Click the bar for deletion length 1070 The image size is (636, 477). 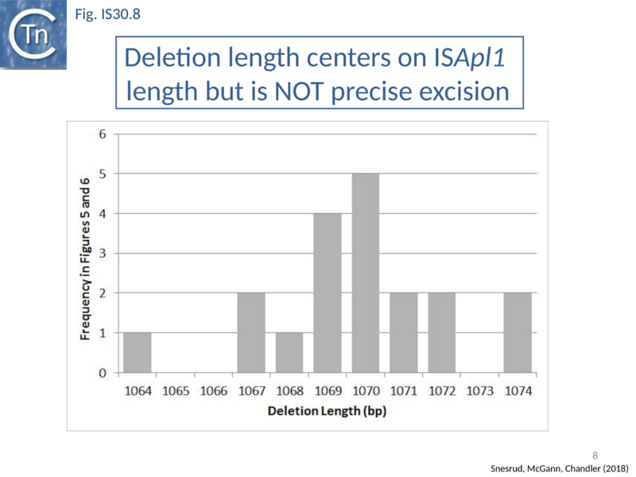(x=366, y=273)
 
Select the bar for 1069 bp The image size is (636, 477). (x=328, y=293)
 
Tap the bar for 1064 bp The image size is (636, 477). (x=137, y=352)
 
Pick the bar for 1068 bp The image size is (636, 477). (x=289, y=352)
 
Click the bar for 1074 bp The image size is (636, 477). (x=518, y=332)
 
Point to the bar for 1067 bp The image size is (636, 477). (x=251, y=332)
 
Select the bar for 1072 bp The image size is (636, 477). (x=441, y=332)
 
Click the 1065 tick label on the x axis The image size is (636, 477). (x=176, y=391)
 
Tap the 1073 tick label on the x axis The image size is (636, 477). (x=479, y=391)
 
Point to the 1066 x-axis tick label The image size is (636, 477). (x=214, y=391)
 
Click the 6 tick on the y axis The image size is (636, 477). (x=103, y=134)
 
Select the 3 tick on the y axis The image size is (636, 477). (x=103, y=253)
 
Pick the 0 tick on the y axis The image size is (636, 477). (x=103, y=373)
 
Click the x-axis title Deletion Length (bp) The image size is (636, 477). (x=327, y=412)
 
